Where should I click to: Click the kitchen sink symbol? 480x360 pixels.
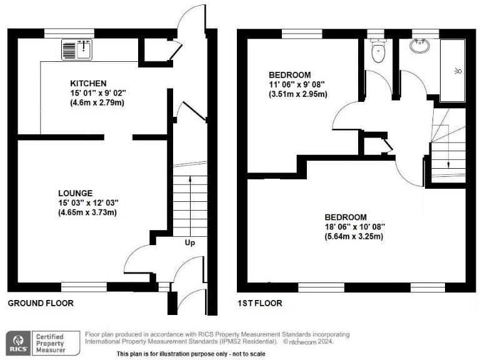click(77, 49)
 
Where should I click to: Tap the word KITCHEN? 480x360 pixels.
click(88, 83)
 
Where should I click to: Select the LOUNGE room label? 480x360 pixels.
click(76, 193)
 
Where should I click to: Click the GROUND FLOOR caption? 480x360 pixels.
click(41, 303)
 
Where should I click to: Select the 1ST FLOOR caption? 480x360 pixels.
click(259, 303)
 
